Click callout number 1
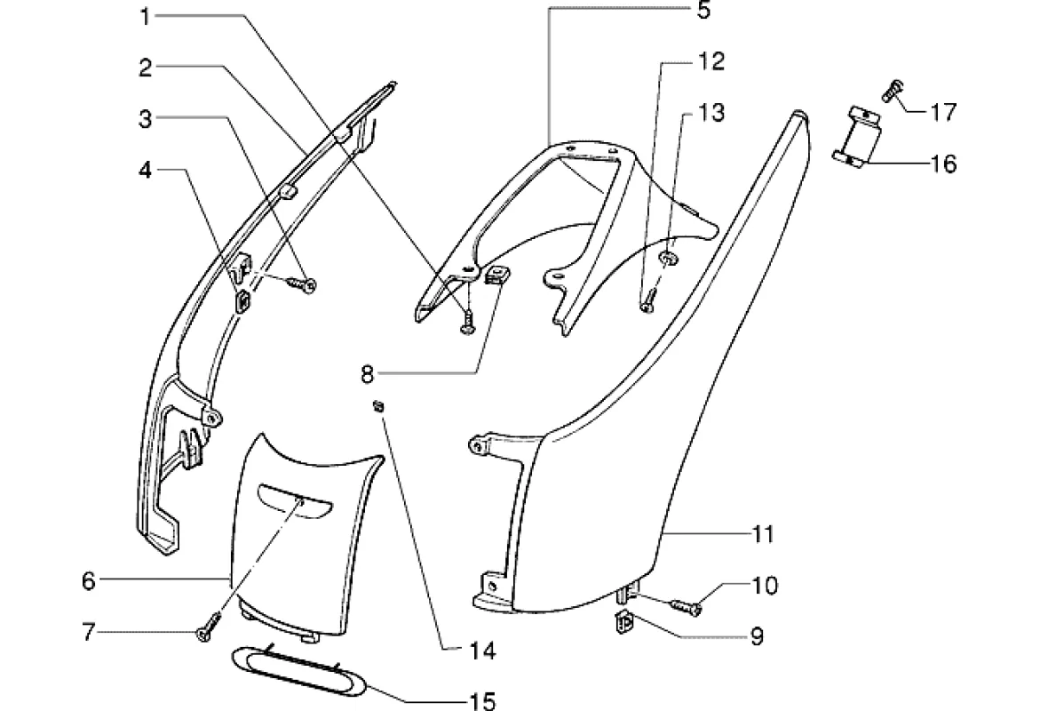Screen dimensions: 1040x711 145,17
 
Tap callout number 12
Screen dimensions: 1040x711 711,61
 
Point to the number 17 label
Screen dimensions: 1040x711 944,112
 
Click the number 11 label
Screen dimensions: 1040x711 764,534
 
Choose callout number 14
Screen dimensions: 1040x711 482,651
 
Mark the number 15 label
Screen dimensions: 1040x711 482,700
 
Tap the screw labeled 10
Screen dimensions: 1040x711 686,606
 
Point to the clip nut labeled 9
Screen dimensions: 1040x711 623,622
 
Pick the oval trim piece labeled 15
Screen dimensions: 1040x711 298,672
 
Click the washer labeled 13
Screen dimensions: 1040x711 669,257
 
